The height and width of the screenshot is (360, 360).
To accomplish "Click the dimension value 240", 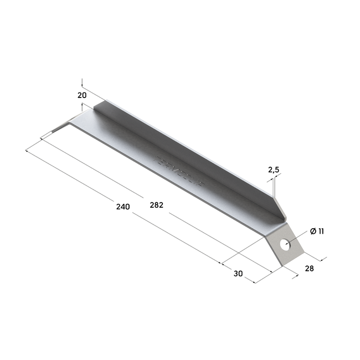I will point(123,207).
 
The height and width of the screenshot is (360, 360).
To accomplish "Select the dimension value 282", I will point(156,205).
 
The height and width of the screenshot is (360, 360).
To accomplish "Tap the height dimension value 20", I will point(82,95).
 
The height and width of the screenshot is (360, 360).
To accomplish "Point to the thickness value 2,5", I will point(274,170).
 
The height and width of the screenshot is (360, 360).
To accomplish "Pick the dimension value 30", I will point(238,273).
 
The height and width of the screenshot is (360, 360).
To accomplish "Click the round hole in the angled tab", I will point(285,244).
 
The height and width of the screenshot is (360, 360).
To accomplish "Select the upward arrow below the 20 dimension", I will point(82,105).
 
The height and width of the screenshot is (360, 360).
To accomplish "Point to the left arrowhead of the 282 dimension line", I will point(42,137).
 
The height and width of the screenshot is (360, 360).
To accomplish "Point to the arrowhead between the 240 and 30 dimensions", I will point(222,264).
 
